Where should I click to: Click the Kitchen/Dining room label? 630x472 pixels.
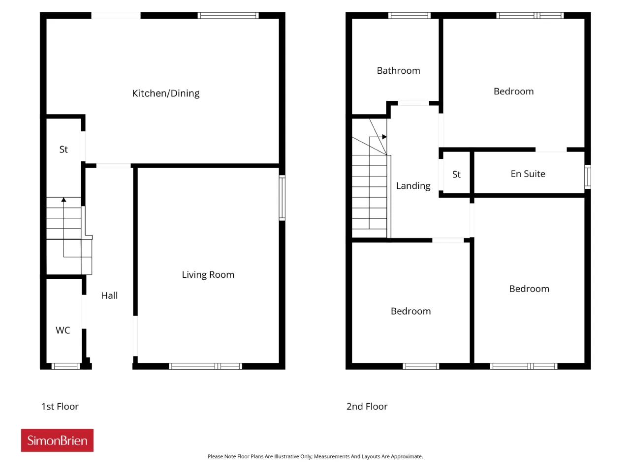point(165,93)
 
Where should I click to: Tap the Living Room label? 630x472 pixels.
point(208,274)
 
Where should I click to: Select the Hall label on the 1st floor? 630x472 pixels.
point(109,295)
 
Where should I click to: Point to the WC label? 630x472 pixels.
point(63,330)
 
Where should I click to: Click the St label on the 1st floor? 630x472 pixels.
point(63,149)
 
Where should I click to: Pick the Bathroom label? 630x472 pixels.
point(398,70)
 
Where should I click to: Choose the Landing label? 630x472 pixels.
point(413,186)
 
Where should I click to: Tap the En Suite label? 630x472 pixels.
point(528,174)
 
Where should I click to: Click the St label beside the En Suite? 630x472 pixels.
point(456,174)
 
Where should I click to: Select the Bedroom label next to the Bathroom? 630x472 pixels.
point(513,91)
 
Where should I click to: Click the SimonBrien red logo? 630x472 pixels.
point(57,440)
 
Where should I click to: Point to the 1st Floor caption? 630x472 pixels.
point(60,407)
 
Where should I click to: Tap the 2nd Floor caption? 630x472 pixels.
point(367,407)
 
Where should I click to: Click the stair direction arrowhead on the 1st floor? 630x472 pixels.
point(63,200)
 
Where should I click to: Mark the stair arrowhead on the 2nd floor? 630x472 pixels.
point(384,137)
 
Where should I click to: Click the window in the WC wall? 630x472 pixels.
point(65,366)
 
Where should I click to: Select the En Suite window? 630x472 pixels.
point(587,177)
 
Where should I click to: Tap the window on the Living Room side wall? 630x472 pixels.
point(282,198)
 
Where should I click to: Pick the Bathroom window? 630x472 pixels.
point(409,15)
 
